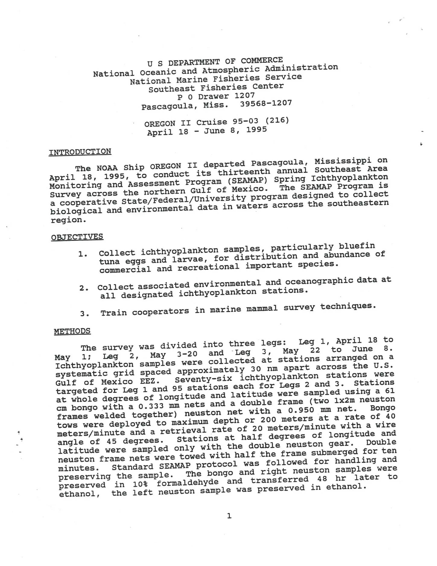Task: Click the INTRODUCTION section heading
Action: (80, 152)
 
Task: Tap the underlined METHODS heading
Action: (72, 331)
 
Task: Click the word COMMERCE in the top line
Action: (262, 60)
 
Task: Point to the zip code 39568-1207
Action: (266, 103)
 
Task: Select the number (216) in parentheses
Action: (277, 120)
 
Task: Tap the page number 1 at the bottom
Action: (229, 516)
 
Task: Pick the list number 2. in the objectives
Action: (84, 288)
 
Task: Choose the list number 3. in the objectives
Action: (84, 314)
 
